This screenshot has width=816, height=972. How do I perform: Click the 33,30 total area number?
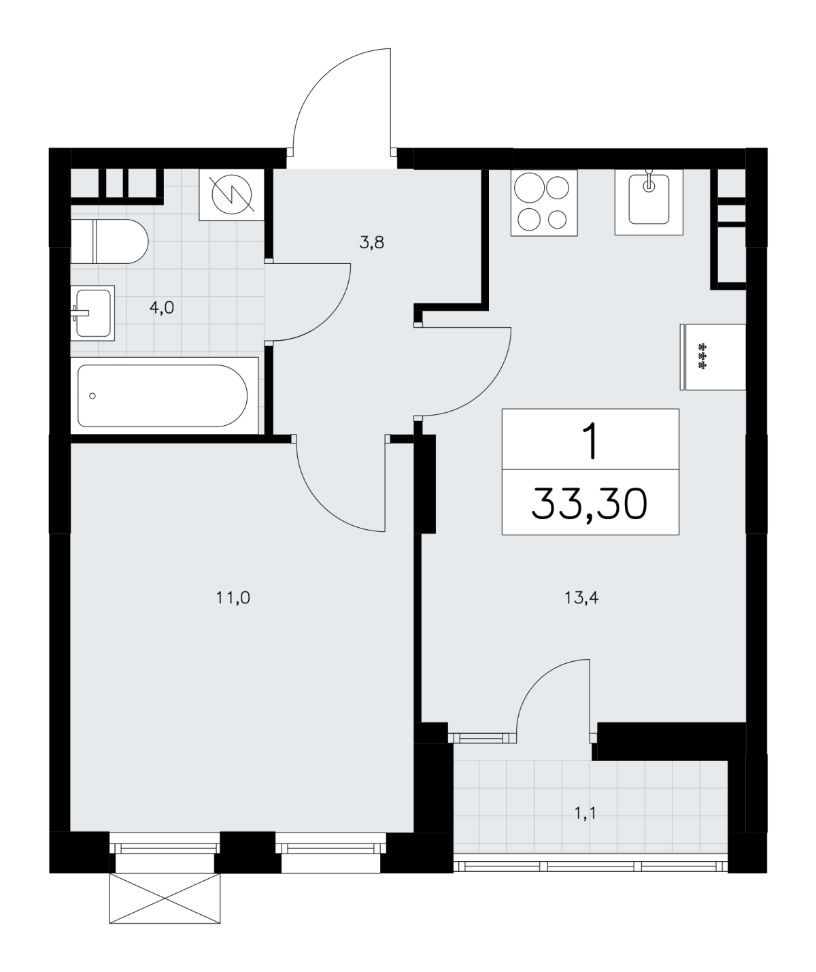[x=590, y=504]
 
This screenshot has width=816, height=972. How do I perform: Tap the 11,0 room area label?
[x=233, y=598]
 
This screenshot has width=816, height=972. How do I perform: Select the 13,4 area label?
[x=581, y=598]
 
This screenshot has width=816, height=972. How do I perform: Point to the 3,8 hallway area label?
[x=371, y=243]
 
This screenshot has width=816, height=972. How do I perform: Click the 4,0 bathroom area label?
[x=162, y=307]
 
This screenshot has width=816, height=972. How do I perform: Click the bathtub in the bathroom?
[x=164, y=396]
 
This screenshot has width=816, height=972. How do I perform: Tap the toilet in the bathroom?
[x=109, y=241]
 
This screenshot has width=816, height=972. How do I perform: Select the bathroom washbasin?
[x=92, y=313]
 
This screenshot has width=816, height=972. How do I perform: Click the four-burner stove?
[x=544, y=203]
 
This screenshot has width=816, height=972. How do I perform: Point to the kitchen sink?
[x=649, y=202]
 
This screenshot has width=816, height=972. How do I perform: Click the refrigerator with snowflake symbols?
[x=713, y=356]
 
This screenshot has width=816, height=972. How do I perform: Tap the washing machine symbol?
[x=232, y=195]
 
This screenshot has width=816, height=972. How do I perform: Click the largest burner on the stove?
[x=530, y=188]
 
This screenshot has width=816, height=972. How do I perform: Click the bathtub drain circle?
[x=92, y=396]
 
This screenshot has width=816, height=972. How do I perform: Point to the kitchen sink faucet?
[x=649, y=182]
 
